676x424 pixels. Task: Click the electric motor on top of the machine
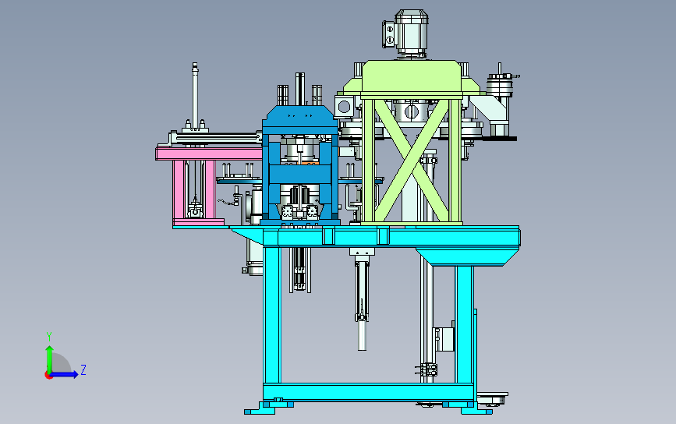[x=411, y=33]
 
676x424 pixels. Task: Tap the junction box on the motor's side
[x=388, y=34]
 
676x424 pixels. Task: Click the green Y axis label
[x=49, y=336]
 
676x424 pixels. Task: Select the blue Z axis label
[x=83, y=369]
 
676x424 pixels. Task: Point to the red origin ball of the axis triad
[x=48, y=375]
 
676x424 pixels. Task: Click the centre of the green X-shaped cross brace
[x=412, y=161]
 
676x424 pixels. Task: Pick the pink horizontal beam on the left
[x=209, y=154]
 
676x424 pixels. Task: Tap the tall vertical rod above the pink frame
[x=195, y=94]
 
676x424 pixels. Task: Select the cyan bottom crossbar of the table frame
[x=369, y=392]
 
